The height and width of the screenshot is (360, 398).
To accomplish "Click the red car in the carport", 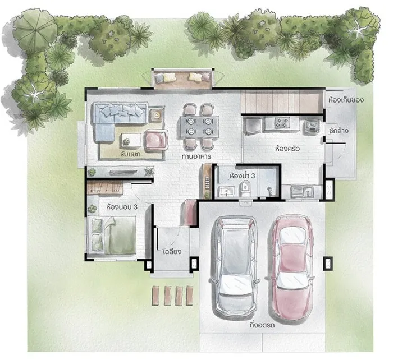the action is point(292,267).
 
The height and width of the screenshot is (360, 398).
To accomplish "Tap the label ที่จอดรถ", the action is point(262,325).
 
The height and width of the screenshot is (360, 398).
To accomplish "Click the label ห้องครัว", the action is point(287,149).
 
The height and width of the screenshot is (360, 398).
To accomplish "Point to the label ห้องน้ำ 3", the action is point(242,176).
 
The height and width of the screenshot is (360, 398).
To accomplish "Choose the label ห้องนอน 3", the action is point(122,207).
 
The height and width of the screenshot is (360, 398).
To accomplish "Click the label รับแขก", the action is point(130,154).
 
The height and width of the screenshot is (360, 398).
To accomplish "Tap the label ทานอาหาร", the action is point(196,156).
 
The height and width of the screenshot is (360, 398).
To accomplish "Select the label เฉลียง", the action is point(172,252).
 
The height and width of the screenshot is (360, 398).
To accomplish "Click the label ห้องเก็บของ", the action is point(346,100).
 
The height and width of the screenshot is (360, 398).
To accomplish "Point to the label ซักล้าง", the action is point(338,131).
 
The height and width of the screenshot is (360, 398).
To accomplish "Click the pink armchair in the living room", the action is point(156,140).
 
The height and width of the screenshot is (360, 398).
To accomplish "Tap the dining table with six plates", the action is point(199,127).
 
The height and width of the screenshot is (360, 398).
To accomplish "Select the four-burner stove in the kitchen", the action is point(282,123).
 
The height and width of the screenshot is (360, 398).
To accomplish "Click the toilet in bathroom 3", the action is point(245,188).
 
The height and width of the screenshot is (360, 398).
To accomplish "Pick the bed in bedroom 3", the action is point(113,235).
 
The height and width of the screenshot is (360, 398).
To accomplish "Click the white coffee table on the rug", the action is point(131,140).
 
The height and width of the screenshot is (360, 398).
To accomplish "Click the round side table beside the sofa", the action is point(156,116).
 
